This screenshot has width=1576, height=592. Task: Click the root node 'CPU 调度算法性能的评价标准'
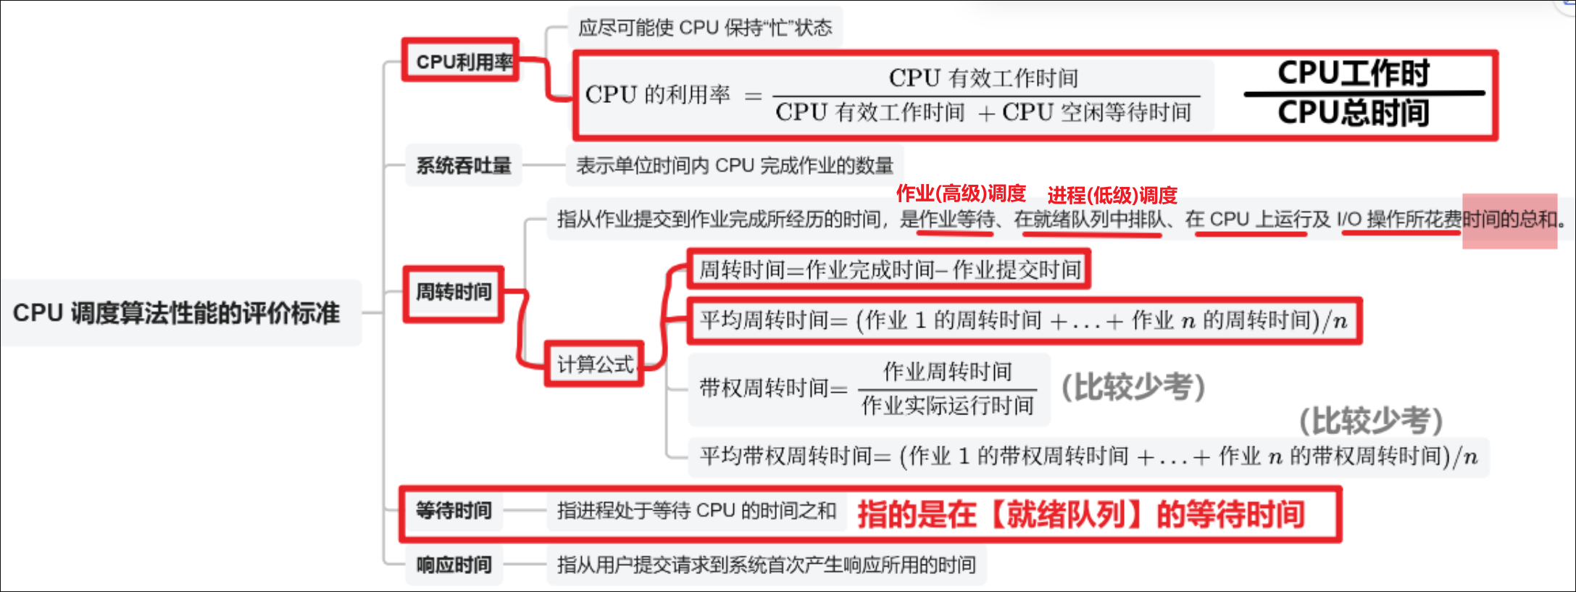coord(177,313)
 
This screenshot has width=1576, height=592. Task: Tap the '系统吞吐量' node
coord(464,166)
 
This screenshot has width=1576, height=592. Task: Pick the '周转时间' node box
coord(454,293)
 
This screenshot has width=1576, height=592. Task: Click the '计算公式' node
coord(595,364)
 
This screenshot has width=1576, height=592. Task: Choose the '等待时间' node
coord(454,511)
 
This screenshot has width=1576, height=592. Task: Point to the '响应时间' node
coord(454,565)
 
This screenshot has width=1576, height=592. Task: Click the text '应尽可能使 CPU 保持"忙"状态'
coord(705,28)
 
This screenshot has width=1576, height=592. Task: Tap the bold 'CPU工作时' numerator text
coord(1353,73)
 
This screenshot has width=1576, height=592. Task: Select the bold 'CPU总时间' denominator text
coord(1353,113)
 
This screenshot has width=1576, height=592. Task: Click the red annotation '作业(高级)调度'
coord(961,193)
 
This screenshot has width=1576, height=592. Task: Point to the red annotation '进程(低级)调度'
coord(1112,195)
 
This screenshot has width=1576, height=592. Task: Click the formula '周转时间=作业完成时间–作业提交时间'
coord(890,270)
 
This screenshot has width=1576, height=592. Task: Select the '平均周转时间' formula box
coord(1023,320)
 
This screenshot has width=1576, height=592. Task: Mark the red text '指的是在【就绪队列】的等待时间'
coord(1081,514)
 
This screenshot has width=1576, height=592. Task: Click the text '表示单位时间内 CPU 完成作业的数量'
coord(734,166)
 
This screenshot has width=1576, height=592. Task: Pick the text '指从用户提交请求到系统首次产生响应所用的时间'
coord(766,565)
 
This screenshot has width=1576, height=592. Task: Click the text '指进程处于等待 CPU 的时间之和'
coord(696,511)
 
